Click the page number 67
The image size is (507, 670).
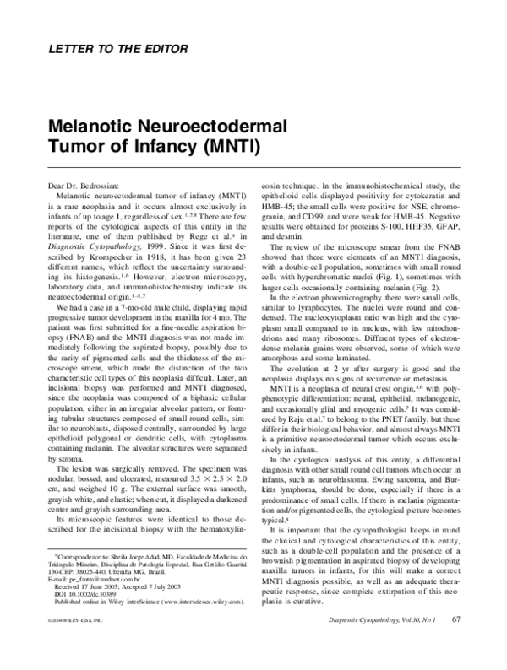[x=455, y=644]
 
